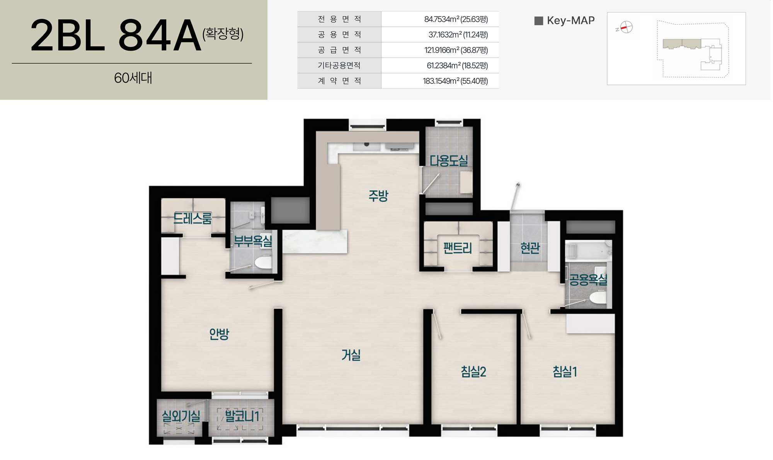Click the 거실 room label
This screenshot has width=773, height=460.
click(351, 355)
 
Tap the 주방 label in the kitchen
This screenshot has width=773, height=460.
click(378, 196)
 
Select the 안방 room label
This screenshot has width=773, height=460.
click(219, 334)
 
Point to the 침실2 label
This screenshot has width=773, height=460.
click(473, 372)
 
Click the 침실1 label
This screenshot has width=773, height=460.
click(565, 372)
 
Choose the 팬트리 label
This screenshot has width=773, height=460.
click(458, 248)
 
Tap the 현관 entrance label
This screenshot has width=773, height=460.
click(530, 248)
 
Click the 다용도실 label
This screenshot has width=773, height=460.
click(449, 161)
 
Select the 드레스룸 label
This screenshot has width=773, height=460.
click(192, 219)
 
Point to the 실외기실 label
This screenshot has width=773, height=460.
click(181, 416)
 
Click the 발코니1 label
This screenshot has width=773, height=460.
click(242, 416)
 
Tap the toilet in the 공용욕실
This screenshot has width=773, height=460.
click(598, 298)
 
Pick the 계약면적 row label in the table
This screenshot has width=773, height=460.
click(339, 81)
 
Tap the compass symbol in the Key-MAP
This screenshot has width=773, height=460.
click(626, 27)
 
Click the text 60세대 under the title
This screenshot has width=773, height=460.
click(133, 78)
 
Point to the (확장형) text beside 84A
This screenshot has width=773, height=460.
click(223, 34)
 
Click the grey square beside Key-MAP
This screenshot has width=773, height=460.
click(539, 21)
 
